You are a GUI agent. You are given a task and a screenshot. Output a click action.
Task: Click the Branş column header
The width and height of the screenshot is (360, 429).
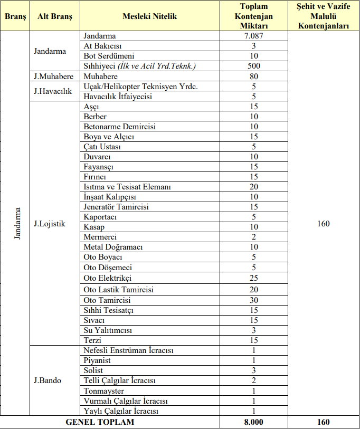pyautogui.click(x=15, y=16)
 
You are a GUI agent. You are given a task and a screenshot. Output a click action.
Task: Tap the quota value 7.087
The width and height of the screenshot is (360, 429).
pyautogui.click(x=254, y=36)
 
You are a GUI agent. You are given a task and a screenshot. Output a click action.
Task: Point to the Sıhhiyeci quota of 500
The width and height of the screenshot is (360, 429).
pyautogui.click(x=254, y=66)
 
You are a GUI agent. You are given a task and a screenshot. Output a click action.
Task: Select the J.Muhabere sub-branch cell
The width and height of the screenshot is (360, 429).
pyautogui.click(x=53, y=77)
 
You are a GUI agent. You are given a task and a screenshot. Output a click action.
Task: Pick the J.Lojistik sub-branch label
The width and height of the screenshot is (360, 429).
pyautogui.click(x=50, y=223)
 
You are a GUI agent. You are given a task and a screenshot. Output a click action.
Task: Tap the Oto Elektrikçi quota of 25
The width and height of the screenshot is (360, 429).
pyautogui.click(x=254, y=278)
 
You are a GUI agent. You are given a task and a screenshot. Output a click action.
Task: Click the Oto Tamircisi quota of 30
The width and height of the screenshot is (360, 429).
pyautogui.click(x=254, y=300)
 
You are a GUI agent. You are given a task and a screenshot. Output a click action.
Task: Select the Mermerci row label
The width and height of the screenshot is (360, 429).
pyautogui.click(x=100, y=237)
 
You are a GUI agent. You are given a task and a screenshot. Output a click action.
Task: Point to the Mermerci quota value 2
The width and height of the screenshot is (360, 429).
pyautogui.click(x=254, y=237)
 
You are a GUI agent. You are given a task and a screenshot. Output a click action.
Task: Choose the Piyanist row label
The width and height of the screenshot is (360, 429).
pyautogui.click(x=97, y=360)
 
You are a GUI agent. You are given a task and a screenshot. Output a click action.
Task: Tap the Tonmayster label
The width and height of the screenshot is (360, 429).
pyautogui.click(x=104, y=390)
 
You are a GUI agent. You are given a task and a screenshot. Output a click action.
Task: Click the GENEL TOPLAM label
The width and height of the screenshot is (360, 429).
pyautogui.click(x=100, y=422)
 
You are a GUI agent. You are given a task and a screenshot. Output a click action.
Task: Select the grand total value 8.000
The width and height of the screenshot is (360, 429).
pyautogui.click(x=254, y=422)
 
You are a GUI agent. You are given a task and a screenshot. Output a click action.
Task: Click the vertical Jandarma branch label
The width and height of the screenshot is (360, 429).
pyautogui.click(x=17, y=223)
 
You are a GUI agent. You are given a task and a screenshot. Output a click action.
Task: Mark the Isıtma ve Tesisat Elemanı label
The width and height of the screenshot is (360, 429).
pyautogui.click(x=127, y=187)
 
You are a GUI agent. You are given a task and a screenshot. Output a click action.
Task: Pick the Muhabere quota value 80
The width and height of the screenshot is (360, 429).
pyautogui.click(x=254, y=77)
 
